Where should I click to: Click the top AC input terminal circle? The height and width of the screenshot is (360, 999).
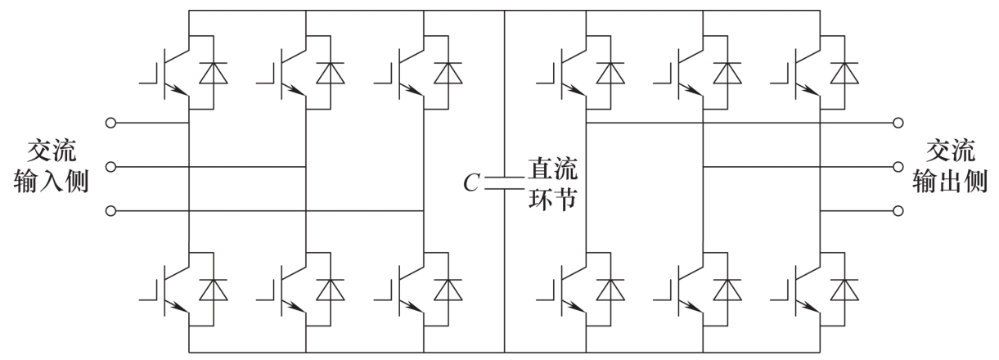(x=111, y=124)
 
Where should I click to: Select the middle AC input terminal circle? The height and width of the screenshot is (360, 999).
(x=111, y=168)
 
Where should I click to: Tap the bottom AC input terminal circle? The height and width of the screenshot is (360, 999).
(x=111, y=212)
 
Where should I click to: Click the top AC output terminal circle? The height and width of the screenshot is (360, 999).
(x=898, y=124)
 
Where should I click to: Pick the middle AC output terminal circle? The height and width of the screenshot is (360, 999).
(x=898, y=168)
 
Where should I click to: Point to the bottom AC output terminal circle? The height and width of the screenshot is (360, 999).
(x=898, y=212)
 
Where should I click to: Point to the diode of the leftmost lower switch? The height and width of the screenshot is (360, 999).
(x=214, y=289)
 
